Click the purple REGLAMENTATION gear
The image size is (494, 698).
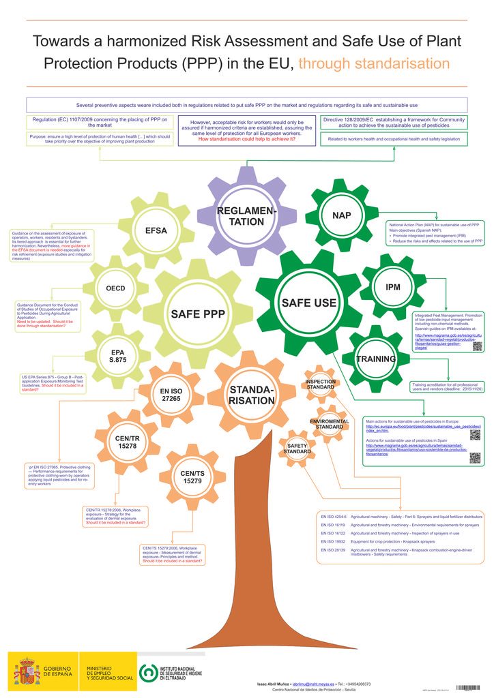click(246, 216)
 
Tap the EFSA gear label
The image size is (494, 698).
click(156, 230)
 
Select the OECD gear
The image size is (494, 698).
click(115, 288)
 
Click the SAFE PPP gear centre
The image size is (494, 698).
click(198, 314)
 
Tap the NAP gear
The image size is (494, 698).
click(342, 215)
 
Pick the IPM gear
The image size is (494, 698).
click(393, 287)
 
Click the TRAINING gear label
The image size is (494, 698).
click(376, 359)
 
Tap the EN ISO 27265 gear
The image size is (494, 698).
click(171, 395)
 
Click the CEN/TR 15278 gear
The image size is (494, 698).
click(128, 441)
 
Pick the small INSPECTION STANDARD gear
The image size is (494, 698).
click(321, 384)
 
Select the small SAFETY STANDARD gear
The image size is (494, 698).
click(297, 449)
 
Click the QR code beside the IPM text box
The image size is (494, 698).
click(477, 346)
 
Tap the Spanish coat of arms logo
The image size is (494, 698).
click(27, 671)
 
